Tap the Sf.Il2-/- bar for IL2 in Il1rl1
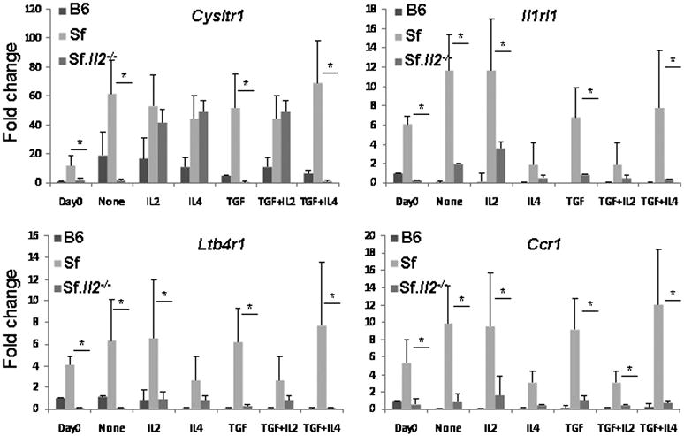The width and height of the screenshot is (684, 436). (x=500, y=164)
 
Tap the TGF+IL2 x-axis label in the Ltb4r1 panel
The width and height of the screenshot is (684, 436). (x=268, y=422)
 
